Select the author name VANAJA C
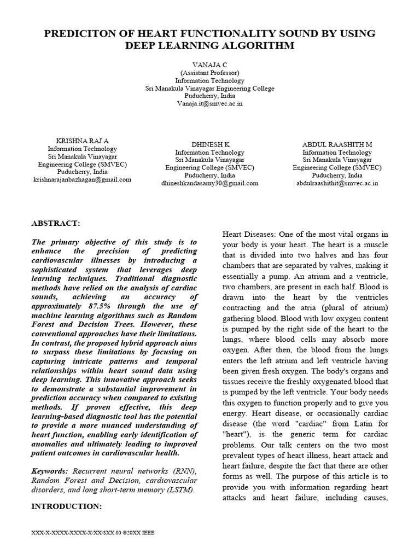pos(209,65)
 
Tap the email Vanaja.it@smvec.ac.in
pos(209,103)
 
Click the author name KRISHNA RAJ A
pos(82,141)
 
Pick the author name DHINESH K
pos(209,144)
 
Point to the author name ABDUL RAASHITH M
pos(337,144)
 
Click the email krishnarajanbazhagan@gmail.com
pos(82,179)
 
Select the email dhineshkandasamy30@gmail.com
pos(209,183)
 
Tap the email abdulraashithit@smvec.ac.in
pos(337,183)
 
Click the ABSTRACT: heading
pos(56,224)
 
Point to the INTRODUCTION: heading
pos(67,506)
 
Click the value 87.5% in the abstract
pos(98,306)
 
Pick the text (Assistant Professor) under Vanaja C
pos(209,72)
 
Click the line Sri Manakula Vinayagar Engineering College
pos(209,88)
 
